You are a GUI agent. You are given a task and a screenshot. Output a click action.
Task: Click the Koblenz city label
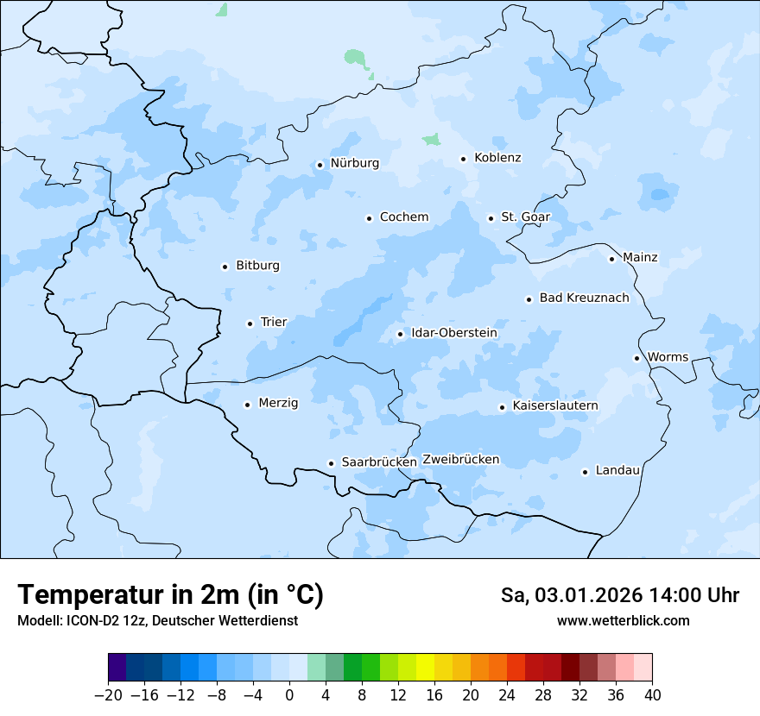497,158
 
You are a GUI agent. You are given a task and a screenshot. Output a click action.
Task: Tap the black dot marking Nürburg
320,164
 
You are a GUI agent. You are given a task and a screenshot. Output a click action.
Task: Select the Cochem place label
403,217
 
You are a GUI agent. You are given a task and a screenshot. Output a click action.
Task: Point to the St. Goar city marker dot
491,218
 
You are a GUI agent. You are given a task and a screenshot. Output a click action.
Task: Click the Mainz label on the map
640,258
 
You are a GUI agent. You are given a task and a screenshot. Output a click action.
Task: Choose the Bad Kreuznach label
584,298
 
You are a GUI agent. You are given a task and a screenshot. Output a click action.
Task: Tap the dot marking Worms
636,358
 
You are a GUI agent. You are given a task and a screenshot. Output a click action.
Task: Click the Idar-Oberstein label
453,333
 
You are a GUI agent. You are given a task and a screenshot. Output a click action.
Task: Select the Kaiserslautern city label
554,406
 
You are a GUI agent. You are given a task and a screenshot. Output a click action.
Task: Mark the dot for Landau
585,472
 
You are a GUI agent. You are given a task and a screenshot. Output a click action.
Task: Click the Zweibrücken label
460,460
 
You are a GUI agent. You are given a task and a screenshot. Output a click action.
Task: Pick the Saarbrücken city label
379,462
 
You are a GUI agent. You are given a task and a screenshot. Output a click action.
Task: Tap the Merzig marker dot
247,405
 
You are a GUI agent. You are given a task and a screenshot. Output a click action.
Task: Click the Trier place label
273,323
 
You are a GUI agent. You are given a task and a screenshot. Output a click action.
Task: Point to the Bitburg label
257,266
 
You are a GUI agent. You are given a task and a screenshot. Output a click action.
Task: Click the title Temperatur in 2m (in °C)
170,595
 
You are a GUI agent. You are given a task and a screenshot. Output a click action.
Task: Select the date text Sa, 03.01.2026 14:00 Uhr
619,595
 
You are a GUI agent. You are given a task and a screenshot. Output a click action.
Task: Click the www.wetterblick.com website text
623,620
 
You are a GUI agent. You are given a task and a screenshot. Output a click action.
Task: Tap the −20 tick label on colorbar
108,695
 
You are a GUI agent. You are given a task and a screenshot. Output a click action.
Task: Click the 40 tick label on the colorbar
652,695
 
